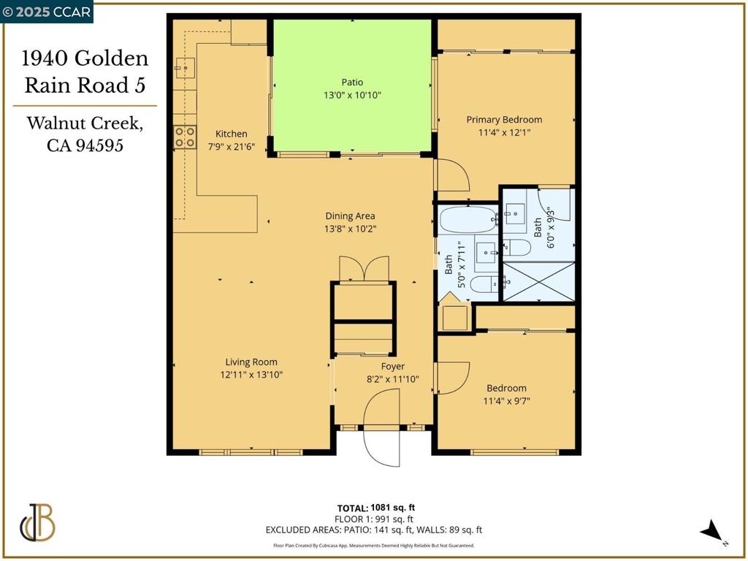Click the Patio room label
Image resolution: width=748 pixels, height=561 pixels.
point(352,83)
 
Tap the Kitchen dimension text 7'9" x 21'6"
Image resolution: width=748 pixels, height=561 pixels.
point(231,145)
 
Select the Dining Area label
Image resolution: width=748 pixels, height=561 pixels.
point(350,215)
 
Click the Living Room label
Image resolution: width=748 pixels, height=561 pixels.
point(251,362)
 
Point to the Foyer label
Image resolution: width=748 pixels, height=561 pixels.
point(392,366)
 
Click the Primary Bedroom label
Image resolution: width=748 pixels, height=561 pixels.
point(504,120)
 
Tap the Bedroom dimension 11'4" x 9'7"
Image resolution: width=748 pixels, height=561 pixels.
point(506,400)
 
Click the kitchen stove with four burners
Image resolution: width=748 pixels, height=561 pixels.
point(185,137)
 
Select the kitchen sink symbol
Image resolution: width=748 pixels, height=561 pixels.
point(184,68)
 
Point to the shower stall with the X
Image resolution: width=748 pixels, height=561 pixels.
point(537,281)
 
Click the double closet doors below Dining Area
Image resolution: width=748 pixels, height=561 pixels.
point(363,268)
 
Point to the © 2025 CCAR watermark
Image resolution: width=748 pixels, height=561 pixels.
point(47,12)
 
